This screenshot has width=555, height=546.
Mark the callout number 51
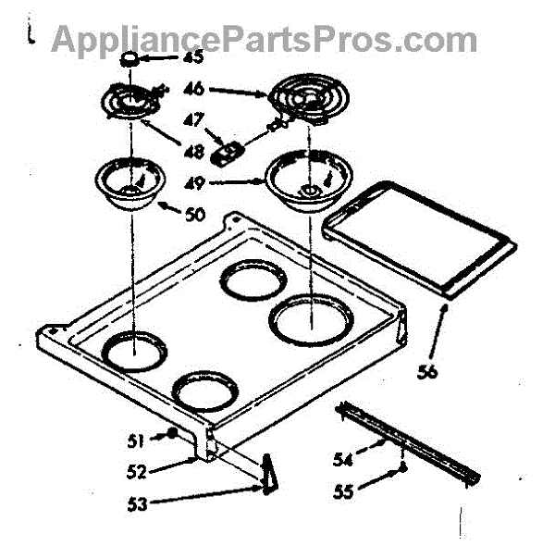[136, 440]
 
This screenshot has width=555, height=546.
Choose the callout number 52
[136, 472]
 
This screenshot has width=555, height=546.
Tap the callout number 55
[343, 492]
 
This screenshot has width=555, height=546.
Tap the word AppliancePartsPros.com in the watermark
[264, 38]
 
